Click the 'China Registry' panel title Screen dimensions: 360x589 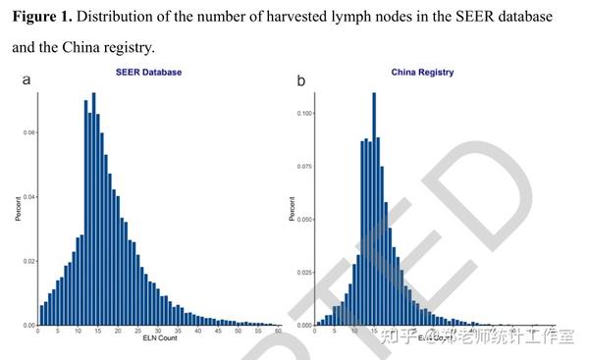coord(423,73)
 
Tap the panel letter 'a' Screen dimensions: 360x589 coord(26,80)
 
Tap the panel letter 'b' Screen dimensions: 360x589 coord(300,80)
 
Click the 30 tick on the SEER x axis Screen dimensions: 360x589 coord(157,333)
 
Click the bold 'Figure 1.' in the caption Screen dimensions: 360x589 coord(46,18)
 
